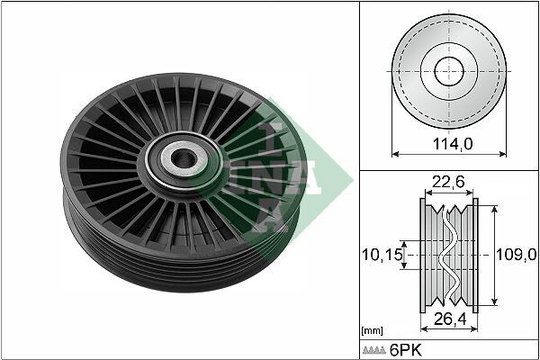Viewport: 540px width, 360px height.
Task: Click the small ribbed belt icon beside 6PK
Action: (x=375, y=350)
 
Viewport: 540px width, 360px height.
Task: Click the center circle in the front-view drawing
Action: (x=447, y=70)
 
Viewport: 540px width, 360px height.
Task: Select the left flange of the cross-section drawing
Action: (x=423, y=255)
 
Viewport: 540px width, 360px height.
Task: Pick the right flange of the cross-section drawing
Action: (x=474, y=255)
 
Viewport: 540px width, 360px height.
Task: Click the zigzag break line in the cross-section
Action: (x=448, y=255)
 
